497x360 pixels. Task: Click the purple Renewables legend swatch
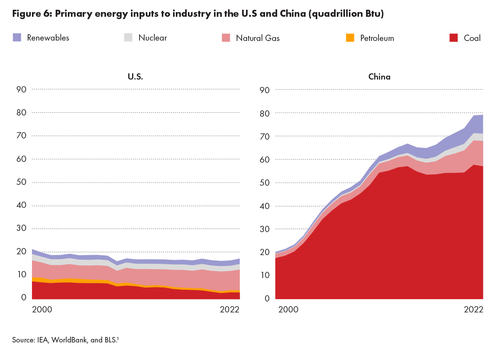coord(17,37)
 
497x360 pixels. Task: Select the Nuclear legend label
coord(152,38)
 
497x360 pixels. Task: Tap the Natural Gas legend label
coord(258,38)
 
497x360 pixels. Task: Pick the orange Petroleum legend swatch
coord(350,38)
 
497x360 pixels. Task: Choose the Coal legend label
coord(472,38)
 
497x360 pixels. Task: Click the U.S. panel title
coord(136,77)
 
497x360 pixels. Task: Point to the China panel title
coord(379,77)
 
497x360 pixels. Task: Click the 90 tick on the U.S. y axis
coord(21,89)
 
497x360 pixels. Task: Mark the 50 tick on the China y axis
coord(265,183)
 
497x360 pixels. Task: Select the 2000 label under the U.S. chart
coord(42,310)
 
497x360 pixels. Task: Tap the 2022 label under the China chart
coord(473,310)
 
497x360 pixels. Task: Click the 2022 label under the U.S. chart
coord(230,310)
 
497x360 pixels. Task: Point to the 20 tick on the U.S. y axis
coord(21,252)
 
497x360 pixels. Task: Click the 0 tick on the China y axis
coord(267,298)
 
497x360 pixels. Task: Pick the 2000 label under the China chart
coord(288,310)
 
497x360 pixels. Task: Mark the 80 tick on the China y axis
coord(265,113)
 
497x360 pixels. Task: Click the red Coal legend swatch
coord(453,37)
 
